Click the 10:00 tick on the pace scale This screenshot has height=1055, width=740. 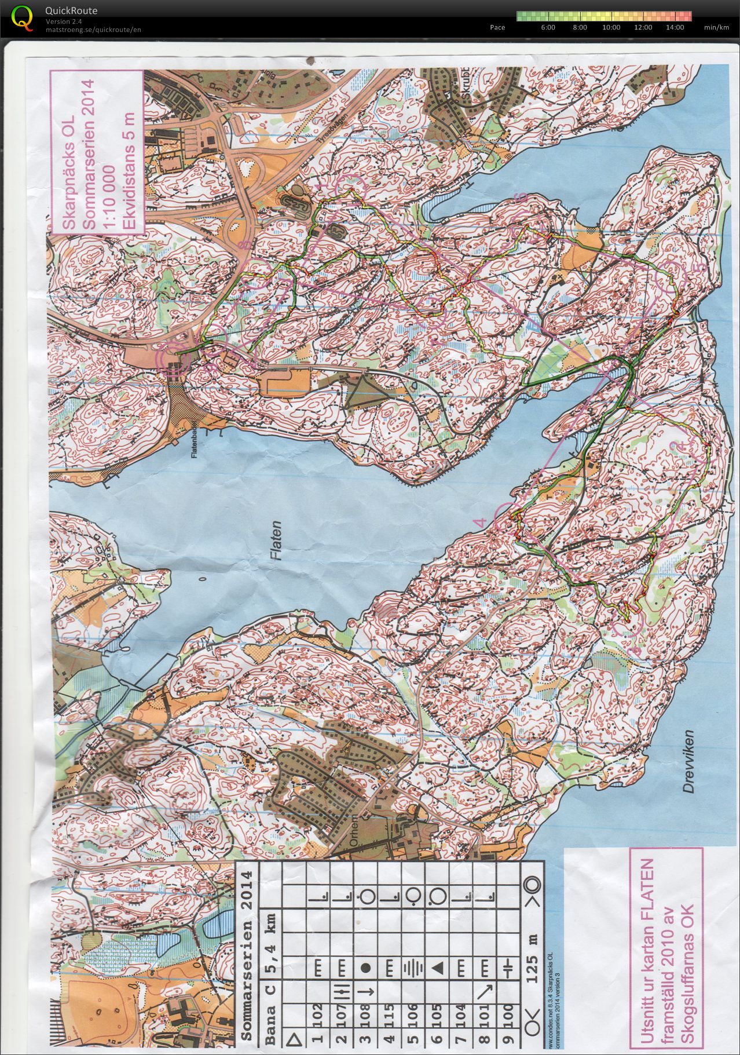611,27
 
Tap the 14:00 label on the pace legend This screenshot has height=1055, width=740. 675,27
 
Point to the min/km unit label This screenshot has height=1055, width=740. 716,27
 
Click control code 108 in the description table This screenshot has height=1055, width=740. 365,1014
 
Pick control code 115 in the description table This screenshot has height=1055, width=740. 389,1014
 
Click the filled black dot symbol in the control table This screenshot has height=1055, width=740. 365,967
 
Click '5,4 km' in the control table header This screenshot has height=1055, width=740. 270,928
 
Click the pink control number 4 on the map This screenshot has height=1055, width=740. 479,523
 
